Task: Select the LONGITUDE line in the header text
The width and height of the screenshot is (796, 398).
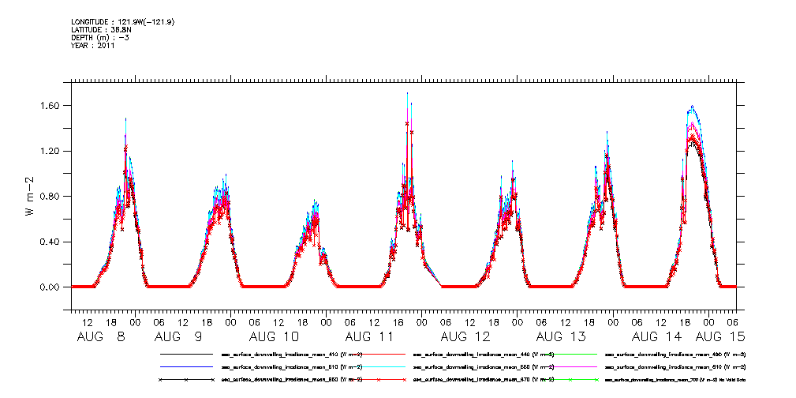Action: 122,22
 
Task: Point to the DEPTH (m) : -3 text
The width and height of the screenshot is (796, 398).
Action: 99,38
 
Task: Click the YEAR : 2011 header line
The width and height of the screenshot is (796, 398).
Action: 93,46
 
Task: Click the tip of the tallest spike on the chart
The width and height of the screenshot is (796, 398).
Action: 407,93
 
